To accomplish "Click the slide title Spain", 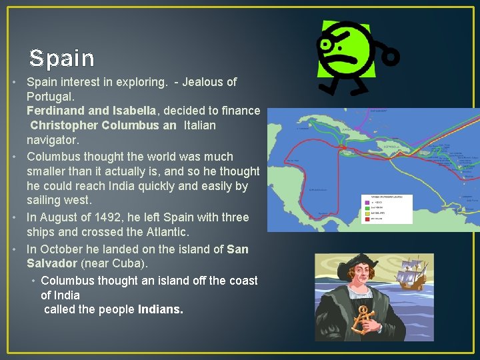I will tap(61, 59).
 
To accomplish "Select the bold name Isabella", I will tap(132, 111).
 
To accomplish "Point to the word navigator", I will tap(53, 140).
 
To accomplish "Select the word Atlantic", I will tap(167, 233).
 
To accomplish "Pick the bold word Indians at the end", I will tap(160, 309).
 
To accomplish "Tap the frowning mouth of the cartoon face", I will tap(349, 65).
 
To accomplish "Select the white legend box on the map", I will tap(386, 209).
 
